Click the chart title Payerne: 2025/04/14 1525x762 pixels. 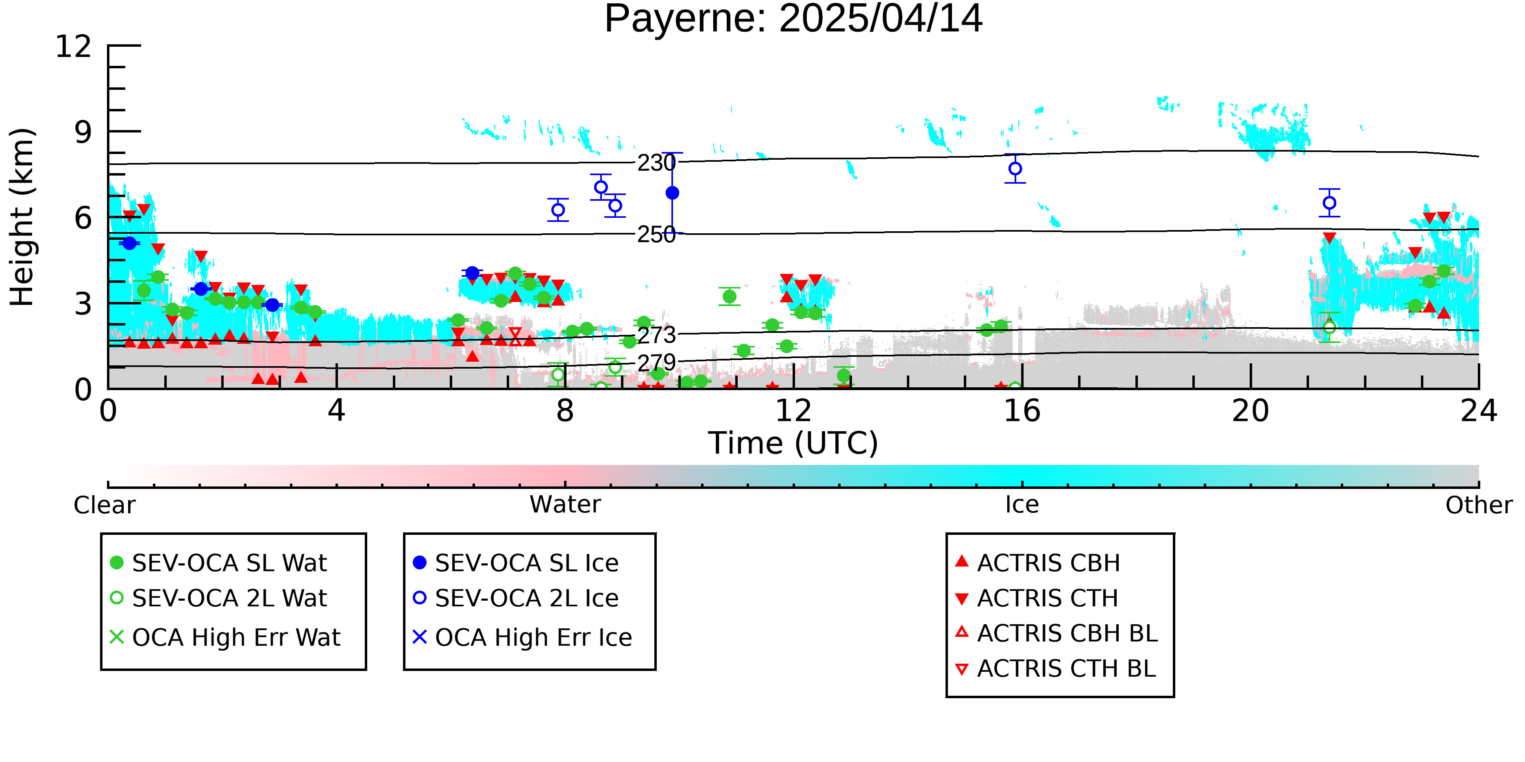(793, 19)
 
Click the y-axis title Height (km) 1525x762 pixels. (22, 217)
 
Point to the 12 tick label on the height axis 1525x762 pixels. (74, 46)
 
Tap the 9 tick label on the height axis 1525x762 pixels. (83, 132)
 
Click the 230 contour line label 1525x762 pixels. (656, 163)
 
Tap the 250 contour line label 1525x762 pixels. (656, 235)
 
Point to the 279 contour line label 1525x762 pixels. (656, 363)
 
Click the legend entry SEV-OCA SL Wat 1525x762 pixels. (219, 562)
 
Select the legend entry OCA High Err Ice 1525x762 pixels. (523, 637)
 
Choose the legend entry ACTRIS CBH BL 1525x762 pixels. (1057, 633)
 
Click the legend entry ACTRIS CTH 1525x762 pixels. (1037, 598)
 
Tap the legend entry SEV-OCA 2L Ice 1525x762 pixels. (516, 598)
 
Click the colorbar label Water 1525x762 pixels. (565, 505)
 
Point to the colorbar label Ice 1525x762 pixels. (1022, 505)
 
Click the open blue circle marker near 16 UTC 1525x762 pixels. (1015, 169)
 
